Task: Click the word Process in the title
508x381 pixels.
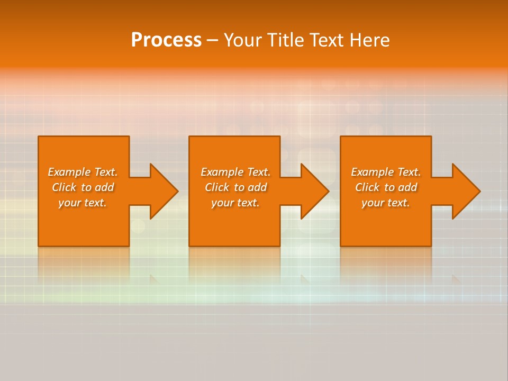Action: pos(166,40)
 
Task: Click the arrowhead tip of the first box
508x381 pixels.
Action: pos(177,191)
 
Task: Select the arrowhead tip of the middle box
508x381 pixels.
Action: pos(328,191)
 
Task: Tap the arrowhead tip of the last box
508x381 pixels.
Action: pos(479,191)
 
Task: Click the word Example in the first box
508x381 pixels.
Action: pos(69,172)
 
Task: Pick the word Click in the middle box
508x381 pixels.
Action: pos(217,187)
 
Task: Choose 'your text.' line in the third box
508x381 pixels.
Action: pos(385,203)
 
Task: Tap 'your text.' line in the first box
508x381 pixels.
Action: pos(83,203)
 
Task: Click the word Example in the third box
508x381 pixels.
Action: pos(373,172)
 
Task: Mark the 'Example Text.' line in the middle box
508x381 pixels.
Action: pos(235,172)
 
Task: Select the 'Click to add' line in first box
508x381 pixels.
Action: pos(83,187)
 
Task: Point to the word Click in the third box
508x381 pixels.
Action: pos(367,187)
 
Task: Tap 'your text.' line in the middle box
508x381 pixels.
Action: pos(235,203)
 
